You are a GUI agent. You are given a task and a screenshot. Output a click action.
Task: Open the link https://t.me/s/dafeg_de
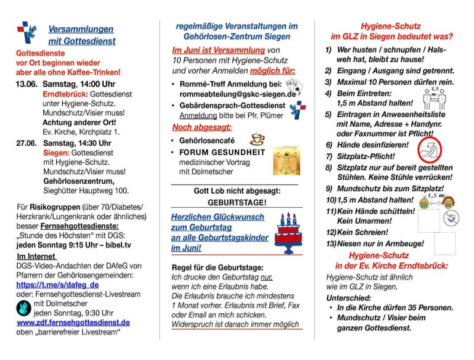57,284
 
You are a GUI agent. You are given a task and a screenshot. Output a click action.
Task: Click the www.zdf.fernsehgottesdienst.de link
73,323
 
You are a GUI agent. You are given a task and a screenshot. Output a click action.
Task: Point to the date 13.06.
26,84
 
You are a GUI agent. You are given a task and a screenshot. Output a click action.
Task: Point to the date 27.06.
26,143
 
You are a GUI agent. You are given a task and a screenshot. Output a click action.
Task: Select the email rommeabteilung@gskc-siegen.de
234,94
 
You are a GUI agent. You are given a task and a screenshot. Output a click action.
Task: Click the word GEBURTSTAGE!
236,202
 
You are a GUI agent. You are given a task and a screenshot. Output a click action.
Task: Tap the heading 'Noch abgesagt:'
201,127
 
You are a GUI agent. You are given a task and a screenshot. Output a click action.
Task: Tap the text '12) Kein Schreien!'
357,232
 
